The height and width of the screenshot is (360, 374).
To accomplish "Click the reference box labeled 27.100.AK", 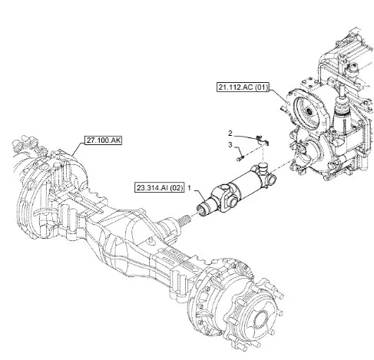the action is coord(103,140).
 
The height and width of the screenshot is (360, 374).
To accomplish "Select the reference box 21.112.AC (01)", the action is coord(243,88).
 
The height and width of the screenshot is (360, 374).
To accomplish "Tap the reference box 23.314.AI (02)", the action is coord(160,188).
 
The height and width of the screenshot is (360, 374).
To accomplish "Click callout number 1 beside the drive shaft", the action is coord(190,188).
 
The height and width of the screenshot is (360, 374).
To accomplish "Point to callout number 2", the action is coord(230,133).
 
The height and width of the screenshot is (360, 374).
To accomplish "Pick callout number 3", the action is coord(230,145).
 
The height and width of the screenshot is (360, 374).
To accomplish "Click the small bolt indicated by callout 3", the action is coord(240,157).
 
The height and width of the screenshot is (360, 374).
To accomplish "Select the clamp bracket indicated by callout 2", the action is coord(262,140).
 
